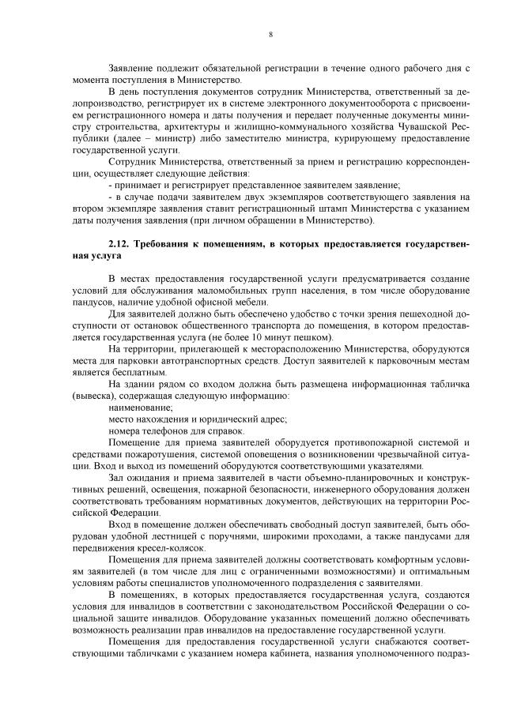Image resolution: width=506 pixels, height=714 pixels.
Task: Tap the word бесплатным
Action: pyautogui.click(x=135, y=370)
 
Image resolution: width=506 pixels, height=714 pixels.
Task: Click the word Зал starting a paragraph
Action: pyautogui.click(x=116, y=477)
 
